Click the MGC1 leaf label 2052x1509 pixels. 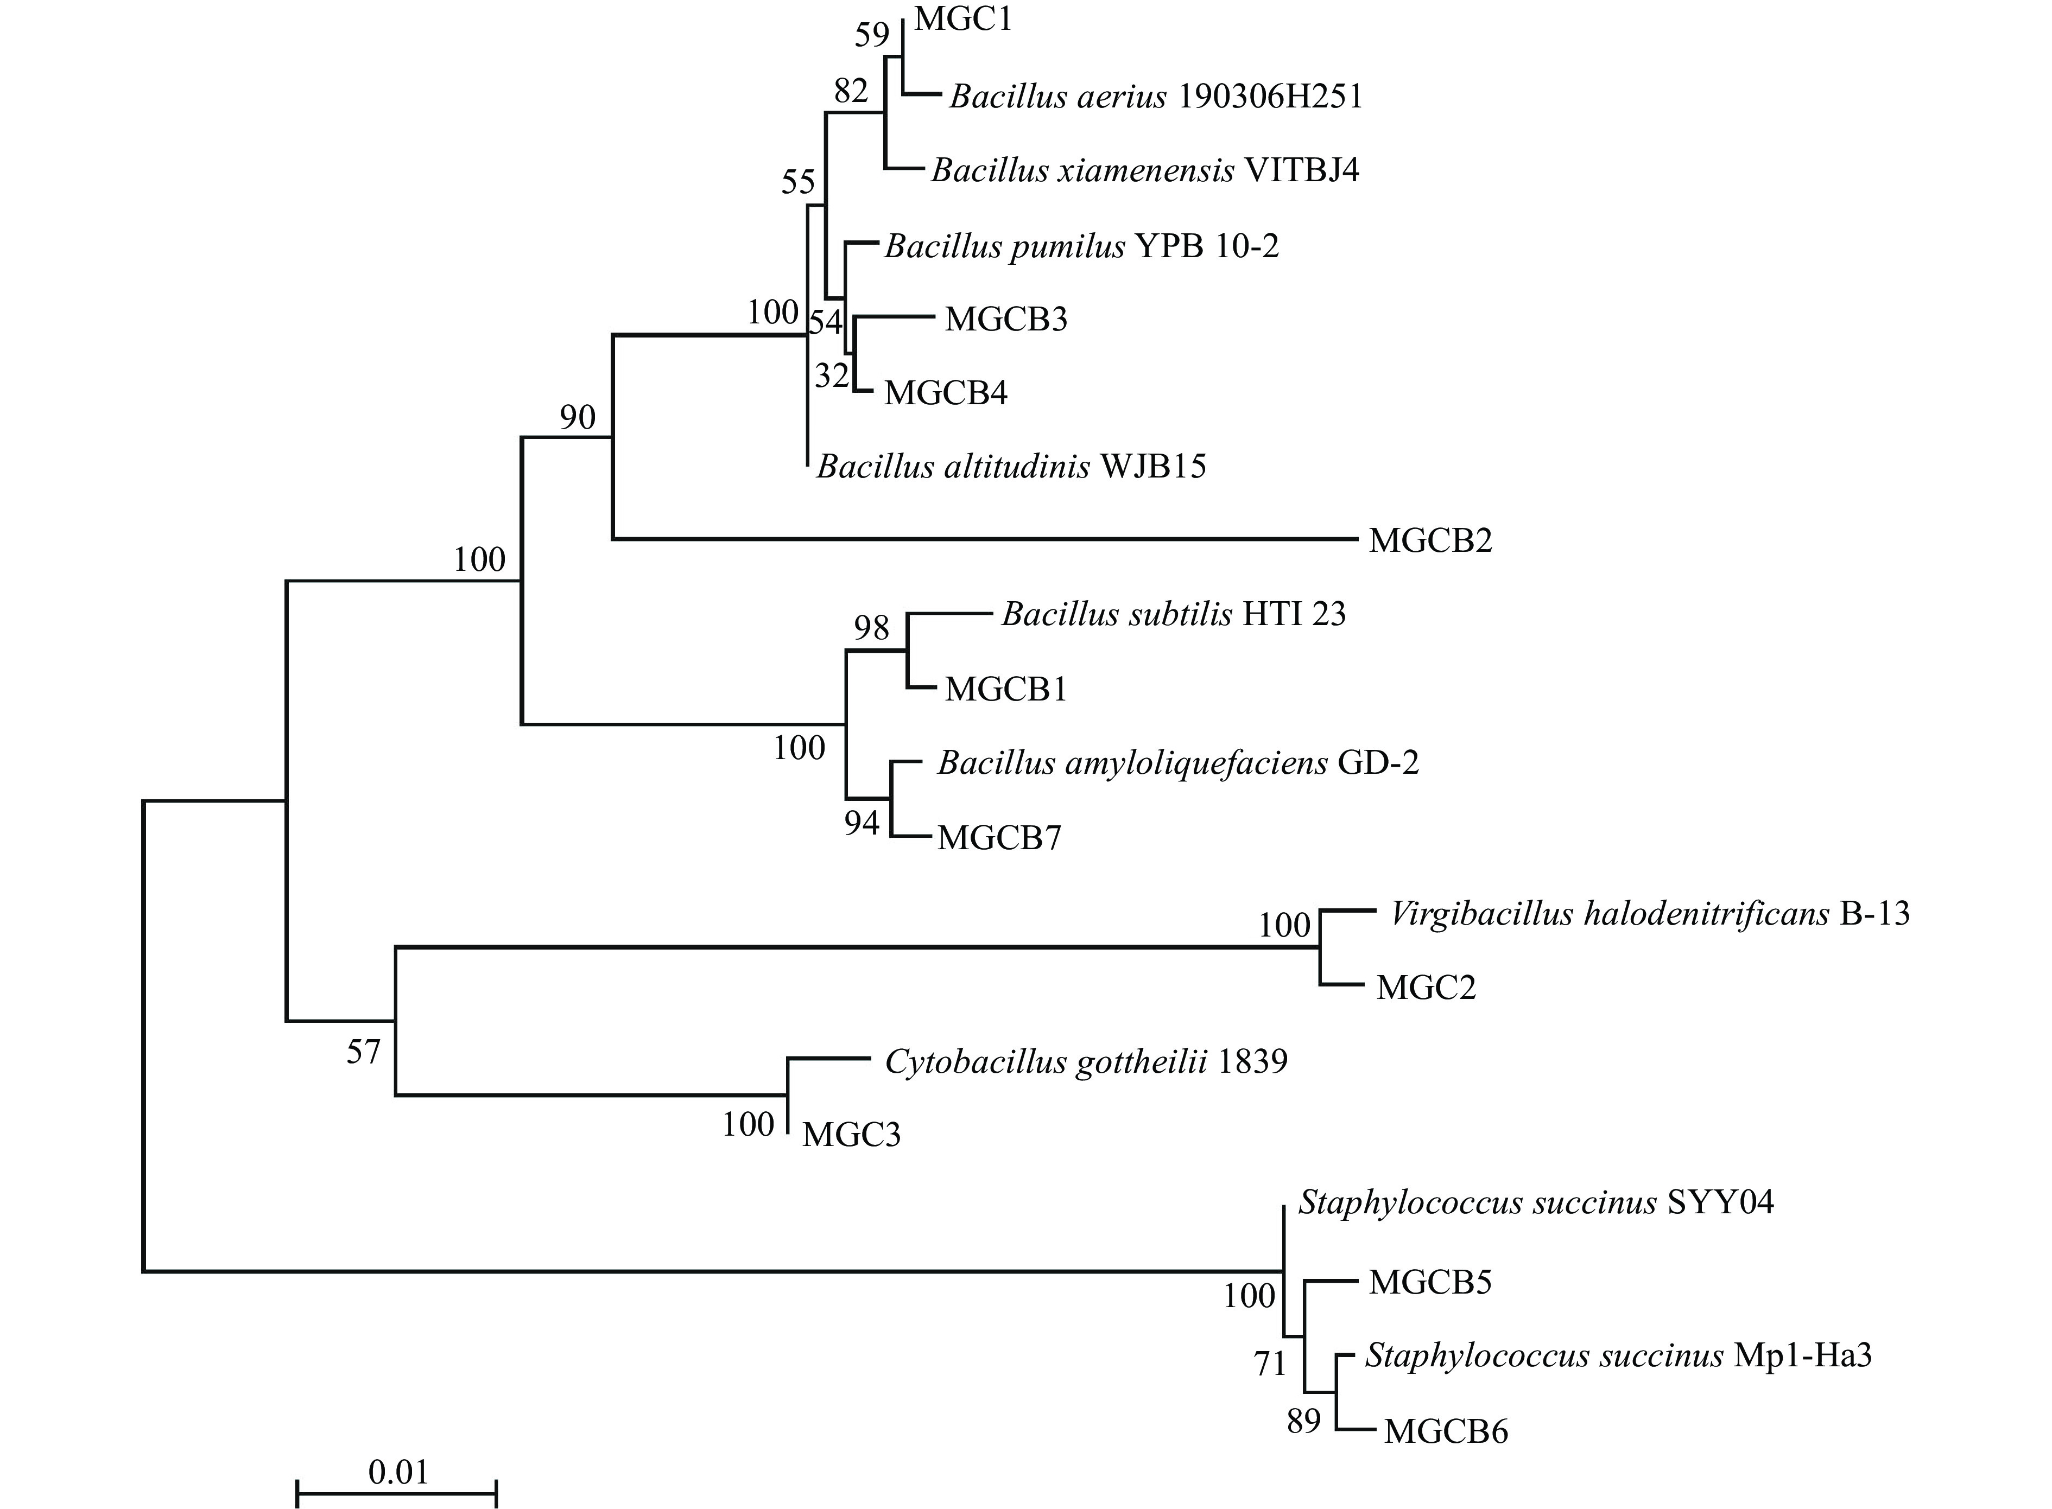[x=963, y=19]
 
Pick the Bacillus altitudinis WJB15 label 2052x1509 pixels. [x=1010, y=467]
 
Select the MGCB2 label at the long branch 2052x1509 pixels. [x=1430, y=541]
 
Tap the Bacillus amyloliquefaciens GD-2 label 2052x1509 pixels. [x=1177, y=763]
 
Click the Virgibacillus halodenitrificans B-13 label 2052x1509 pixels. [x=1649, y=913]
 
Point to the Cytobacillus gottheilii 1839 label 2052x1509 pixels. [x=1085, y=1061]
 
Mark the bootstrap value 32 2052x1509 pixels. [x=832, y=375]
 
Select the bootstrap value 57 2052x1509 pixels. [x=363, y=1052]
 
